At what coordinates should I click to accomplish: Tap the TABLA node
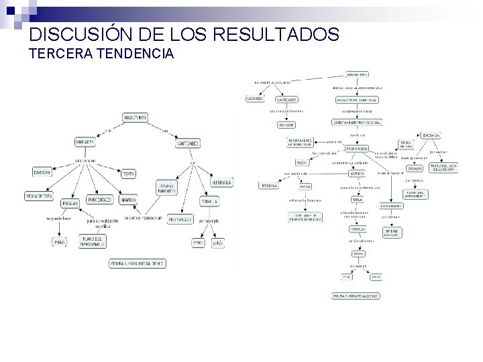[x=357, y=199]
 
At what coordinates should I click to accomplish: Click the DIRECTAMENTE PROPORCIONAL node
[x=357, y=123]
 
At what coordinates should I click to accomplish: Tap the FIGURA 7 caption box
[x=356, y=295]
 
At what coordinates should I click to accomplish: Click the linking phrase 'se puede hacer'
[x=58, y=219]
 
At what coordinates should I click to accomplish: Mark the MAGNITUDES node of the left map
[x=135, y=117]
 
